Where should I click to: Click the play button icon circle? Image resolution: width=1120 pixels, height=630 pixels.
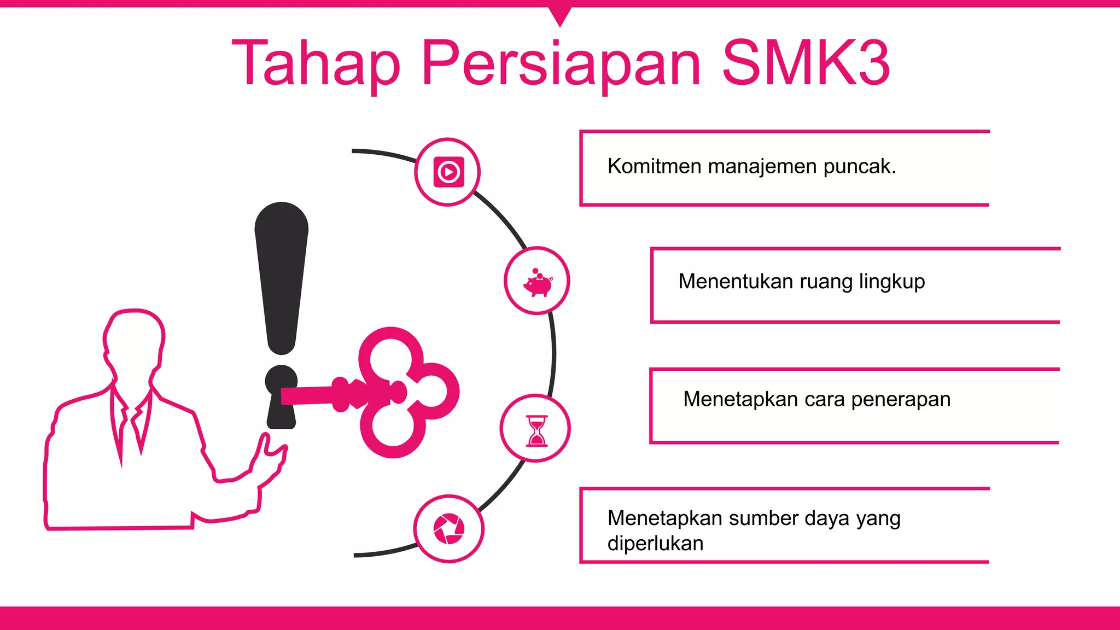448,172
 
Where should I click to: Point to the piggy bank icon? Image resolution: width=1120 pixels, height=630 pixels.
537,282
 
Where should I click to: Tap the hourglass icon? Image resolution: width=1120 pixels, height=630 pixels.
536,429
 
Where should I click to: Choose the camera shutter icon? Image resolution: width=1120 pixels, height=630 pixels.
448,529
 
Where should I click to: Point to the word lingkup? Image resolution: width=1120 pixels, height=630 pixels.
891,282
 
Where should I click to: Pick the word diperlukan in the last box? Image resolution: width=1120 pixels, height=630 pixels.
655,544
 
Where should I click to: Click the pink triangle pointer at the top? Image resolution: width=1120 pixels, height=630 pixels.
559,15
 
